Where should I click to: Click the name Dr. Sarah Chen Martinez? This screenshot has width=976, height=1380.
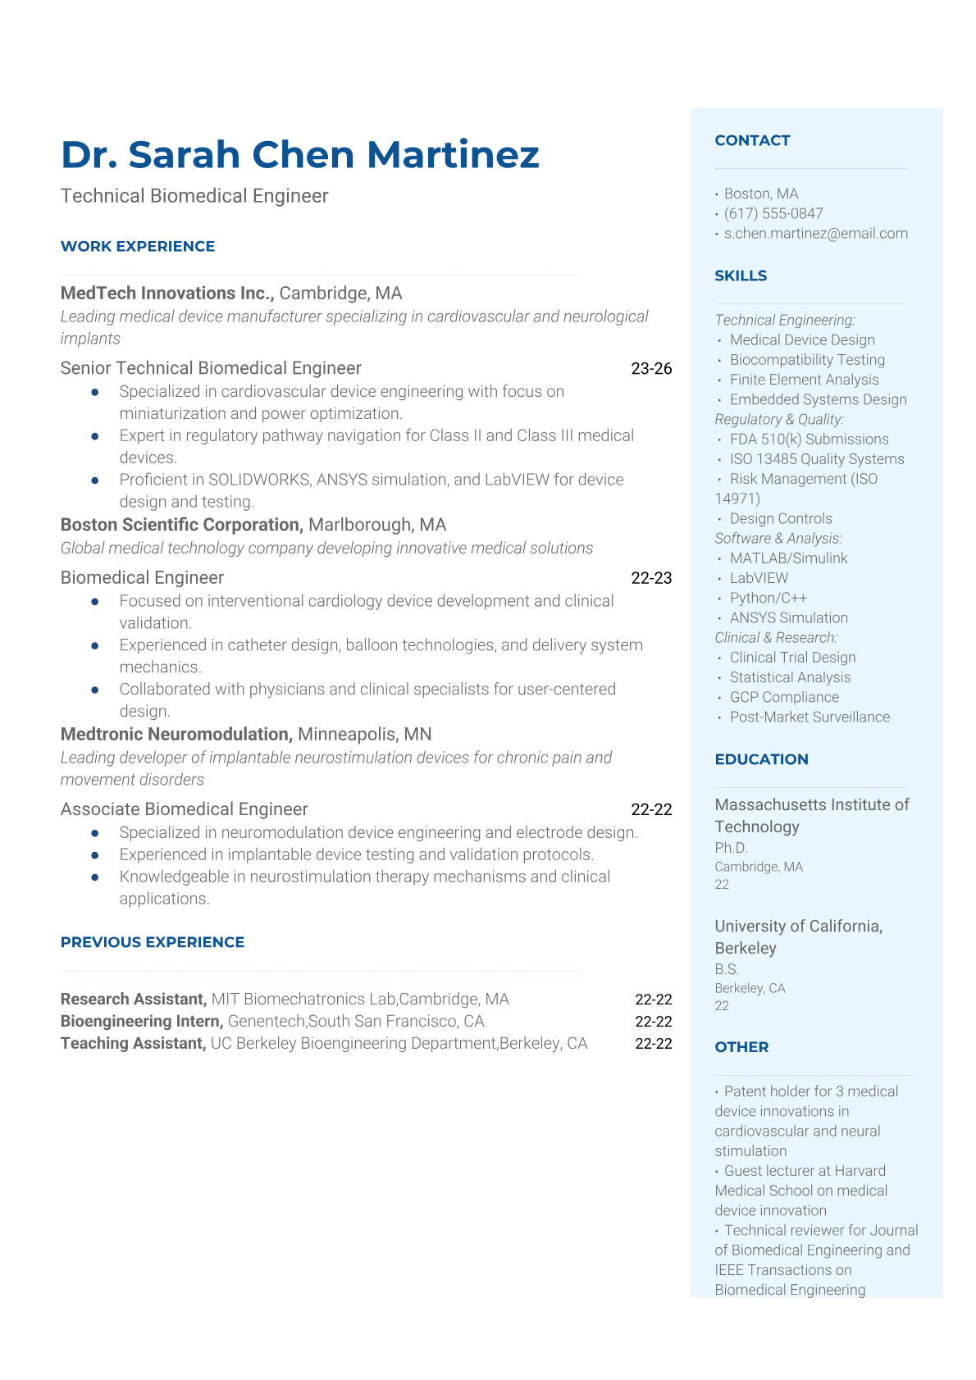click(300, 155)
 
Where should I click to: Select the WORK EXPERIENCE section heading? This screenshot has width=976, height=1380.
click(138, 246)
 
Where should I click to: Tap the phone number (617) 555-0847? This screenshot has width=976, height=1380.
click(773, 213)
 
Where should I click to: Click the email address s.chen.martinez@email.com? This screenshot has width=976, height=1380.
click(815, 233)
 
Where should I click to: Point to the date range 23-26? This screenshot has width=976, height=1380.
click(651, 368)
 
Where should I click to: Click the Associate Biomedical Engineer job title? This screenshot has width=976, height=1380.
click(184, 809)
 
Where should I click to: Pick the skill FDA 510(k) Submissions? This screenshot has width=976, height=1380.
click(809, 440)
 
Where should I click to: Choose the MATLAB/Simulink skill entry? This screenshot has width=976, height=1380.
click(788, 558)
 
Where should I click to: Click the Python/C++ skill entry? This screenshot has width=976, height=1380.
click(768, 598)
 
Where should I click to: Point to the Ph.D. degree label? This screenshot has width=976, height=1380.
click(732, 848)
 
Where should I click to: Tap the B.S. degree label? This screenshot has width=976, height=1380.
click(727, 969)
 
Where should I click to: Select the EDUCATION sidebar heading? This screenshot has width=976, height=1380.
click(761, 759)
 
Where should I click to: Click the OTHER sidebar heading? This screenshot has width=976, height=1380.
click(741, 1047)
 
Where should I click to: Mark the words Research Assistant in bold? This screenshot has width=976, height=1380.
click(133, 999)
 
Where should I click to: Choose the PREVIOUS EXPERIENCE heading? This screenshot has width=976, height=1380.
click(153, 942)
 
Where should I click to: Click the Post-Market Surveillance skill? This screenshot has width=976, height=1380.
click(810, 717)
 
